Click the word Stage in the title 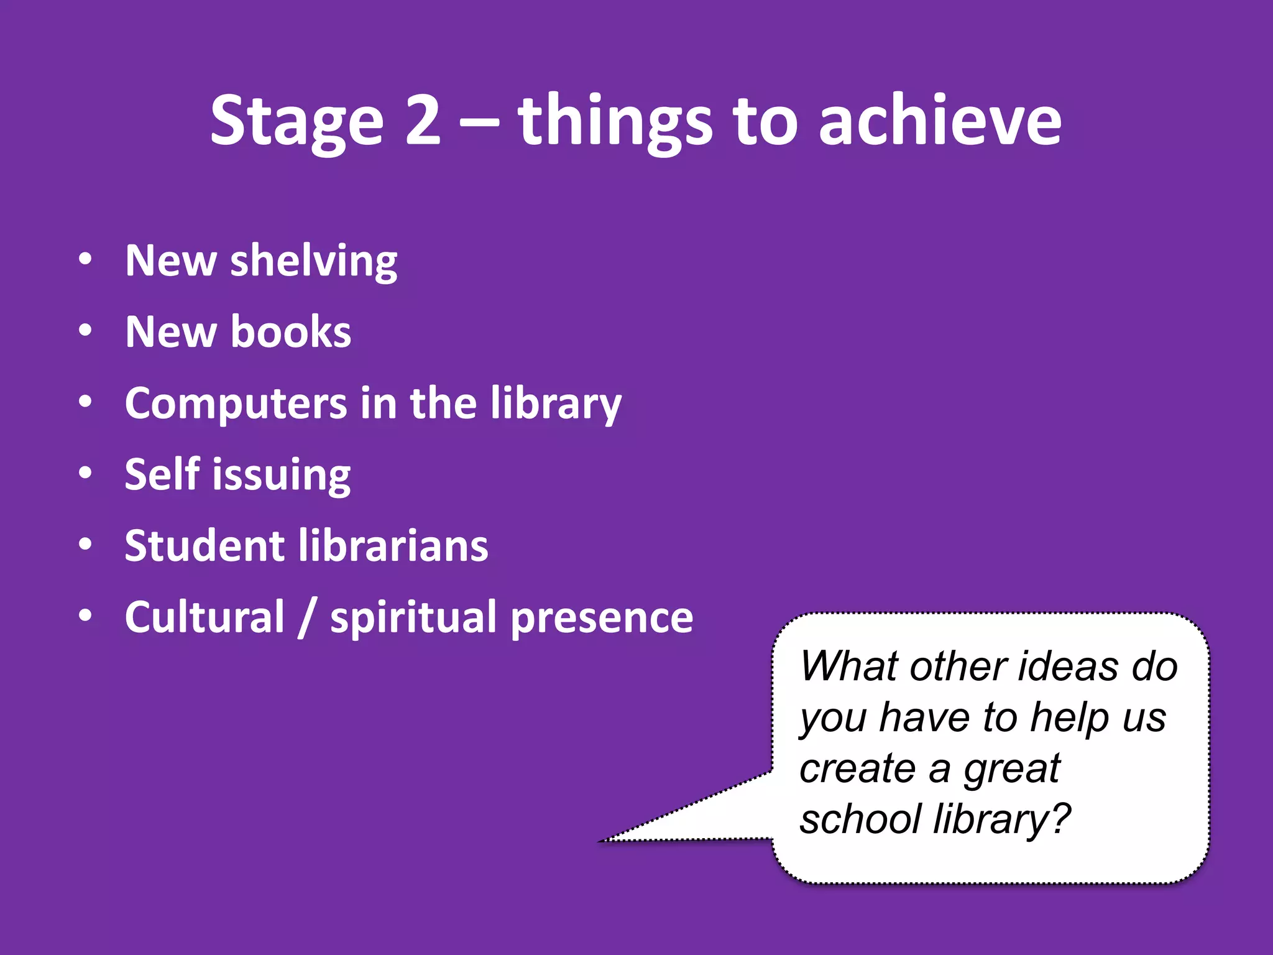click(x=297, y=121)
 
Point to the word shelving click(x=313, y=261)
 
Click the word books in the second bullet click(x=290, y=332)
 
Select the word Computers click(x=236, y=405)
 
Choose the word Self click(x=162, y=474)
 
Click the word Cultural click(x=205, y=617)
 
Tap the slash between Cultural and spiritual click(x=307, y=617)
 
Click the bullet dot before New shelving click(x=85, y=259)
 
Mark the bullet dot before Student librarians click(x=85, y=544)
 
